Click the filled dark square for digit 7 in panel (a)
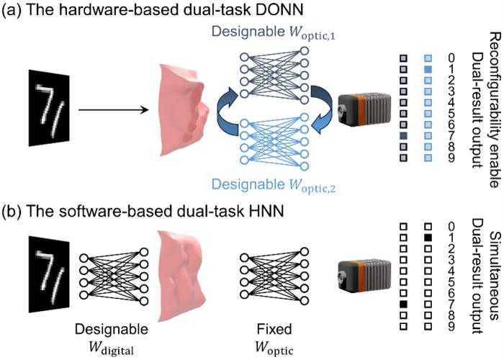click(x=403, y=136)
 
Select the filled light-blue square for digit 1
click(x=428, y=69)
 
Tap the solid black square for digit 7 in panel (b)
click(x=403, y=304)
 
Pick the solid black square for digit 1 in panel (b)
click(x=428, y=238)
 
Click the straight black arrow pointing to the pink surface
click(x=114, y=110)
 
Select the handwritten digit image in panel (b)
click(x=49, y=274)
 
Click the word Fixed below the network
click(x=274, y=329)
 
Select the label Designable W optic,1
click(x=274, y=32)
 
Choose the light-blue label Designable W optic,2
click(x=274, y=186)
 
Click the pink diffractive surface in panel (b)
click(x=181, y=276)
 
